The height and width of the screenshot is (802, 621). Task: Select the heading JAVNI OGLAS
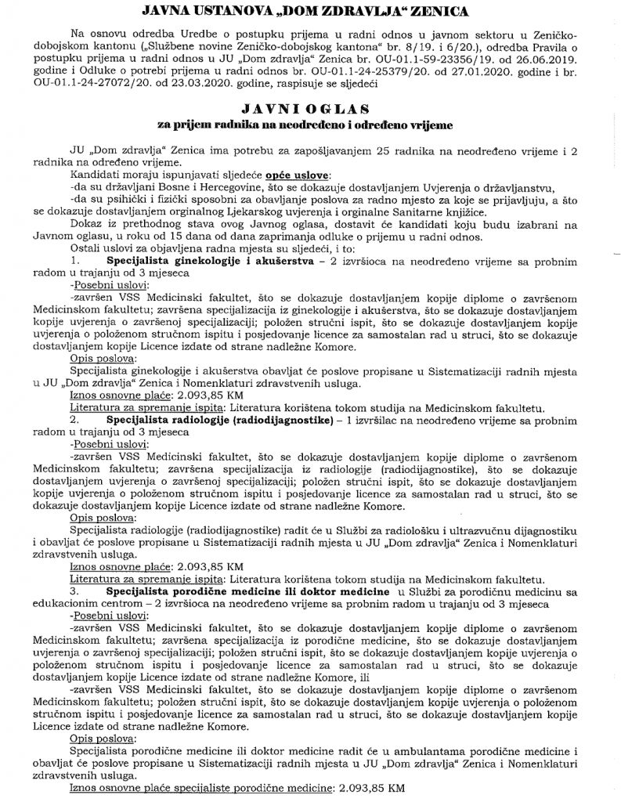point(311,108)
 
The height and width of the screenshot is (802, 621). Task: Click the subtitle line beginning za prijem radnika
point(311,124)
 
